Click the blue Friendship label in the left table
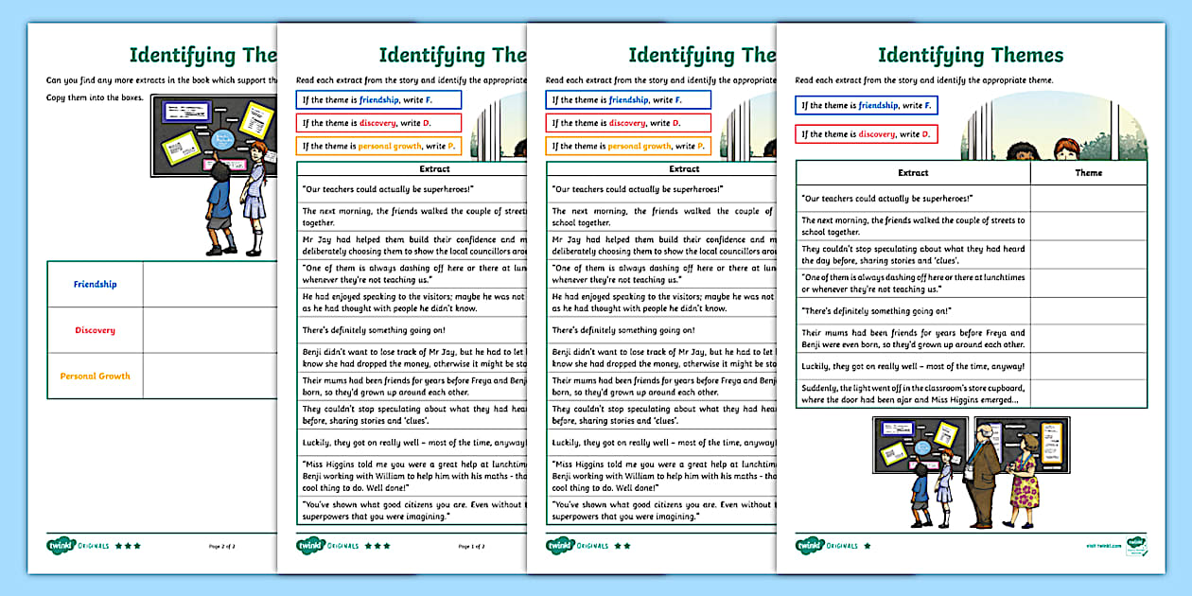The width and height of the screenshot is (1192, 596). tap(95, 284)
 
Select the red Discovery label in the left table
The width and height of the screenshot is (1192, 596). tap(95, 330)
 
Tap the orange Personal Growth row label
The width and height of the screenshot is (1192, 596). tap(95, 376)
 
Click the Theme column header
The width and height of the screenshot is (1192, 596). tap(1088, 173)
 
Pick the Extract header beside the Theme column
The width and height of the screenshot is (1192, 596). tap(913, 173)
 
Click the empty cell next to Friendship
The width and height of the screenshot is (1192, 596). tap(208, 284)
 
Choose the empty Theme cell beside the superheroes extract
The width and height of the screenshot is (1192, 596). tap(1088, 199)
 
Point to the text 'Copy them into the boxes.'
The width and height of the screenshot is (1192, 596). tap(95, 98)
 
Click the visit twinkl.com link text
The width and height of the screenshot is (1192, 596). tap(1103, 546)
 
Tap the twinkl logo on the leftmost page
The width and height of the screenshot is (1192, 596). tap(61, 545)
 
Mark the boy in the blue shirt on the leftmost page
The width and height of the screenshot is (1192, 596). tap(219, 208)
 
